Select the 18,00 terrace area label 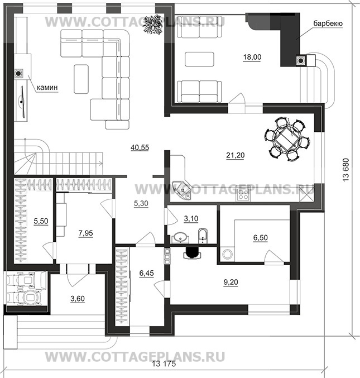pyautogui.click(x=251, y=57)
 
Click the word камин pyautogui.click(x=49, y=88)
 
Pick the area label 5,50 pyautogui.click(x=41, y=222)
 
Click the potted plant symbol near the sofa pyautogui.click(x=152, y=25)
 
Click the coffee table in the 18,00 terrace pyautogui.click(x=200, y=59)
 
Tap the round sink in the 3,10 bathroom pyautogui.click(x=180, y=238)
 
